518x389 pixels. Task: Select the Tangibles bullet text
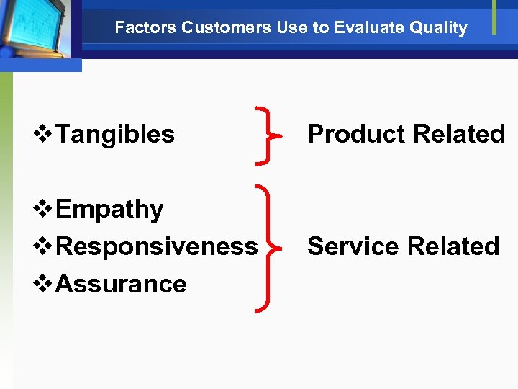pos(115,134)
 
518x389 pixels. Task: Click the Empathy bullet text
pos(109,209)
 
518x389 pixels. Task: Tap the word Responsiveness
pos(156,246)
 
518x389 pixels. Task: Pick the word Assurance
pos(121,284)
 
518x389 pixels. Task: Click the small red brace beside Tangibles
pos(268,134)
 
